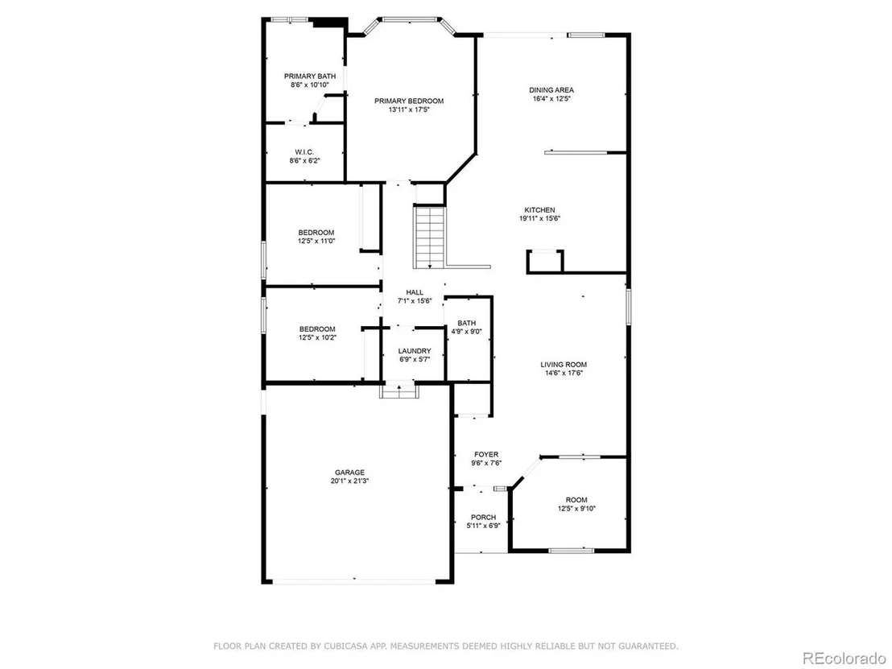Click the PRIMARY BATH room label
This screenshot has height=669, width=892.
pos(309,76)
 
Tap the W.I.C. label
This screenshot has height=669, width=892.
pos(304,152)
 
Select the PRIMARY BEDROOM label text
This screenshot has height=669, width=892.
pos(408,101)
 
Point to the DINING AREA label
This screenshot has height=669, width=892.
pos(551,90)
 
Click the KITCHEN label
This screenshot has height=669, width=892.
pos(539,210)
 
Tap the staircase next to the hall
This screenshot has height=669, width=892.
pos(429,237)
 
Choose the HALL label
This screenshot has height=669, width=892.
pos(414,292)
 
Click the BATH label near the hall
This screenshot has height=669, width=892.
pos(466,323)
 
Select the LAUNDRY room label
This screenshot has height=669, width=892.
pos(414,351)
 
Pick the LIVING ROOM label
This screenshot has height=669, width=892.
pos(564,365)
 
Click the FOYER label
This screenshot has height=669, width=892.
pos(485,455)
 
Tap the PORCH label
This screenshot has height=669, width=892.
pos(483,517)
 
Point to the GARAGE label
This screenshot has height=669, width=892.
pos(349,473)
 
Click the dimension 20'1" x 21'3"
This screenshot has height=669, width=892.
pos(349,481)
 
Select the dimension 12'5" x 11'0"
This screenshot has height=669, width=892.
pos(316,241)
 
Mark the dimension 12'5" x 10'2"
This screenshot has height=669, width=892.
pos(317,337)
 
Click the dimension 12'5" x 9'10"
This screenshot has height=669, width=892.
pos(576,509)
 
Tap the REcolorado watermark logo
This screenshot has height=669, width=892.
pos(844,659)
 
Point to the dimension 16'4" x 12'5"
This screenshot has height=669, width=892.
pos(551,98)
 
